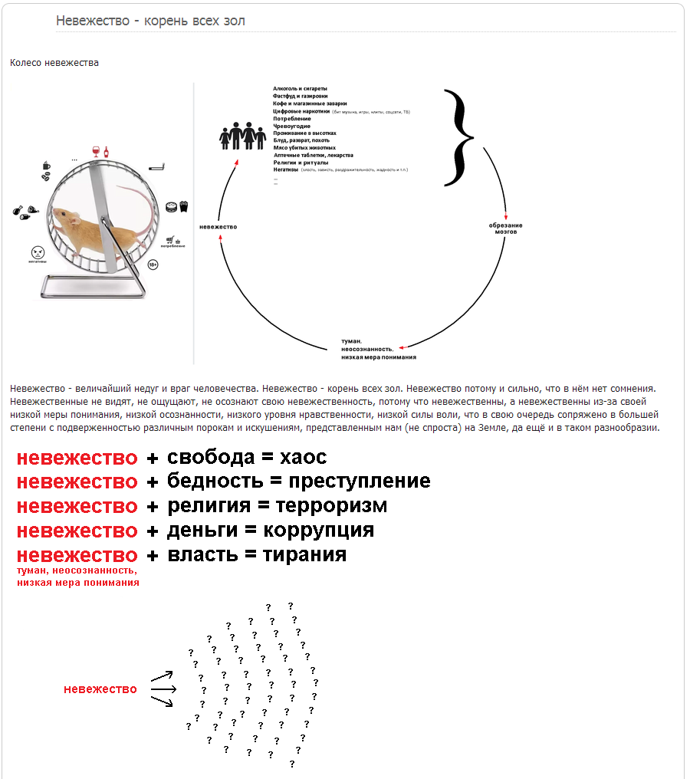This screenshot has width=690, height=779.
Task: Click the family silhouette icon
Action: point(242,136)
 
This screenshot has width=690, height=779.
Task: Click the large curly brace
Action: point(458,138)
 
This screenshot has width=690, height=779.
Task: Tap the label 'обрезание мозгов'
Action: point(505,228)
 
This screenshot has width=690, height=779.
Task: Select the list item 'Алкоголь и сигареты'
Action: point(300,89)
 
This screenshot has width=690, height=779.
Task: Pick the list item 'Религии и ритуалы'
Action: point(301,163)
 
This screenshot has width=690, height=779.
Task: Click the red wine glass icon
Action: point(96,150)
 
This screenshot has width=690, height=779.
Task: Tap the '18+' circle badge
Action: point(153,265)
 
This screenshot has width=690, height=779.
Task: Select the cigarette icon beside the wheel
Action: point(156,166)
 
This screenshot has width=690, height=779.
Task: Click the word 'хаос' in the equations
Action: point(303,458)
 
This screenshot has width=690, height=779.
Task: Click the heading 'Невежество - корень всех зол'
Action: point(150,21)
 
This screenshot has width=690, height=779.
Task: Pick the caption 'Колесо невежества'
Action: point(54,63)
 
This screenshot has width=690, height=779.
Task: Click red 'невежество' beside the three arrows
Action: point(100,689)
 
